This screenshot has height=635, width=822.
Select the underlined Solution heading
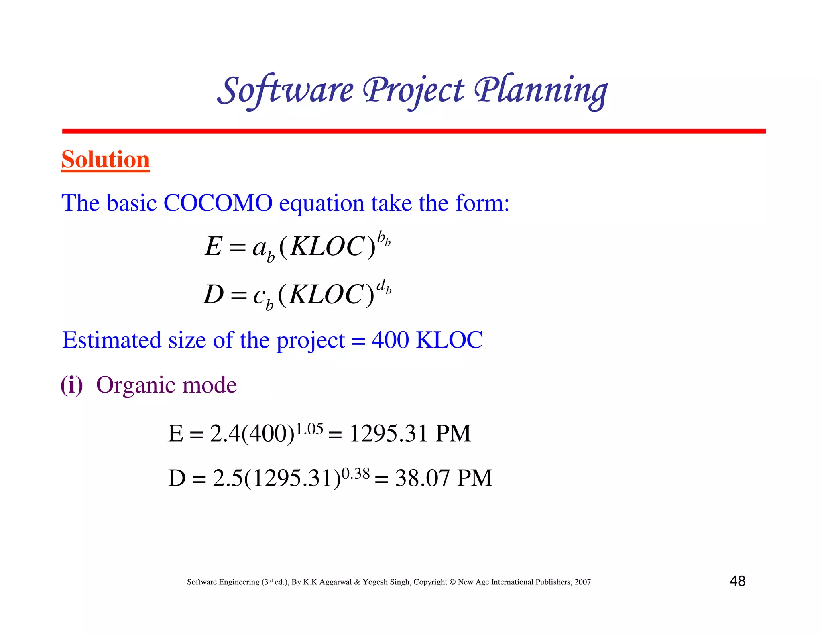coord(106,159)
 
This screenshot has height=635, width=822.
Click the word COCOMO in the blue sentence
coord(218,203)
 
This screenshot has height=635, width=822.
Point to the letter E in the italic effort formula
coord(213,246)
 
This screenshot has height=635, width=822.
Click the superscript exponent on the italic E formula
coord(384,239)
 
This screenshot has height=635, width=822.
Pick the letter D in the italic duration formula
coord(213,294)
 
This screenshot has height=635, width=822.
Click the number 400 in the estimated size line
coord(390,340)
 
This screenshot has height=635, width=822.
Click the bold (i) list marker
coord(72,385)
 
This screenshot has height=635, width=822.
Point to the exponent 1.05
coord(309,429)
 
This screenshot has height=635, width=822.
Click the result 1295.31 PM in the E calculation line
coord(410,434)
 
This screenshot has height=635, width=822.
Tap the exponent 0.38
coord(355,474)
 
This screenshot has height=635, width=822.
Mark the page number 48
coord(737,581)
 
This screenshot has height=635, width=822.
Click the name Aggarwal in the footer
coord(336,582)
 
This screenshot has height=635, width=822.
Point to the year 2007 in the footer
coord(582,582)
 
